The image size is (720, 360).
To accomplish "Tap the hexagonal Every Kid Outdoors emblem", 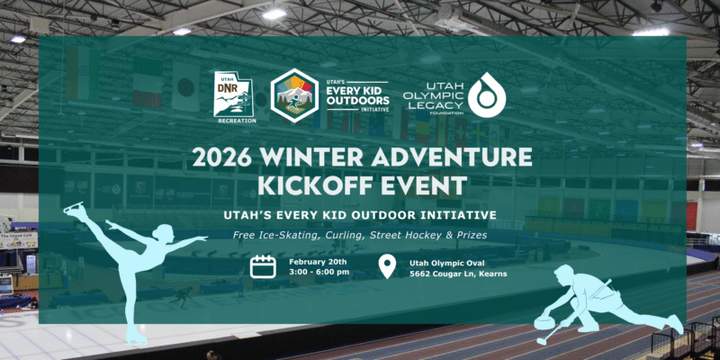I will pos(292,93).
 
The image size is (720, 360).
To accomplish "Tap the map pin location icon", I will pos(387,266).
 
